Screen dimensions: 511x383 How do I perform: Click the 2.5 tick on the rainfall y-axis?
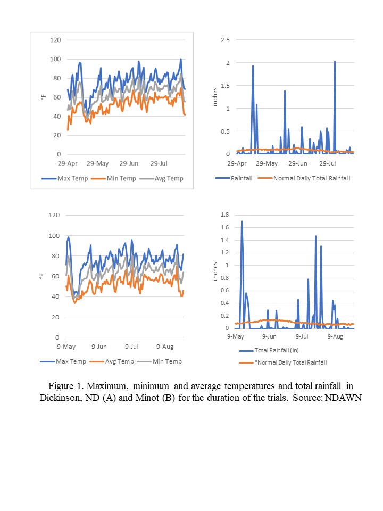[225, 40]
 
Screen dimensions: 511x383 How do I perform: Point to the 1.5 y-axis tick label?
[225, 86]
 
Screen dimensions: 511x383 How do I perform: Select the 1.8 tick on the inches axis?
[226, 215]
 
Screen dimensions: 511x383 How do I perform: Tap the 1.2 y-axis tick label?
[226, 252]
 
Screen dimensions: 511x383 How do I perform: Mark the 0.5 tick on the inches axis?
[225, 131]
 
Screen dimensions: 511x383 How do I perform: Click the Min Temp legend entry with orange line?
[115, 178]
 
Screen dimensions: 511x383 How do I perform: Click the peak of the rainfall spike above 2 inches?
[335, 62]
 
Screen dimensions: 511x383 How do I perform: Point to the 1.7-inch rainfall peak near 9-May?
[242, 221]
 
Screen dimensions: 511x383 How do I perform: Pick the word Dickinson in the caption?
[62, 398]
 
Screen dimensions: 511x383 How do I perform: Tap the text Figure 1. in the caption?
[65, 385]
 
